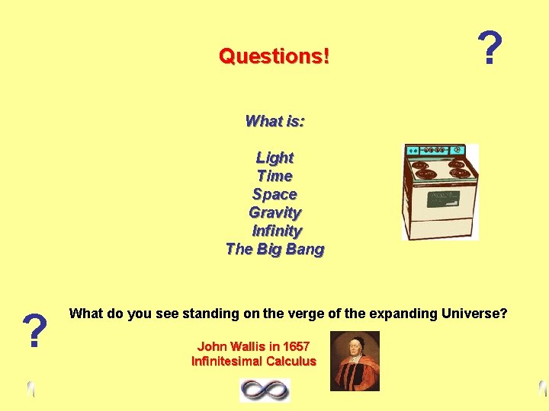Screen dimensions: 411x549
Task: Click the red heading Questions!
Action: click(274, 56)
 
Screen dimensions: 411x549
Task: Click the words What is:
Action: click(274, 121)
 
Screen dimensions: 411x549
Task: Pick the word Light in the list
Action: click(274, 158)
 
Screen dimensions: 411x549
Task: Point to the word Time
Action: click(274, 176)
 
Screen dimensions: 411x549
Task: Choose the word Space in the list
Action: click(274, 194)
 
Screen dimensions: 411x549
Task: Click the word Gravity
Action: click(274, 212)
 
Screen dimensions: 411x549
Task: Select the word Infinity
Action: click(277, 231)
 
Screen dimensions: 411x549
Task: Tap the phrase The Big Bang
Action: click(274, 249)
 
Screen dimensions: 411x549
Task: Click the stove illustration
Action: click(440, 192)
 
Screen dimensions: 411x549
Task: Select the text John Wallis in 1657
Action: click(253, 346)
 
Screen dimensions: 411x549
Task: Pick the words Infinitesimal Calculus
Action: click(253, 361)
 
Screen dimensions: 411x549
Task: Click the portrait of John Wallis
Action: click(355, 361)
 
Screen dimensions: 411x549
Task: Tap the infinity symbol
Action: click(265, 390)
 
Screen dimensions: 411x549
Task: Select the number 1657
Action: click(294, 346)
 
